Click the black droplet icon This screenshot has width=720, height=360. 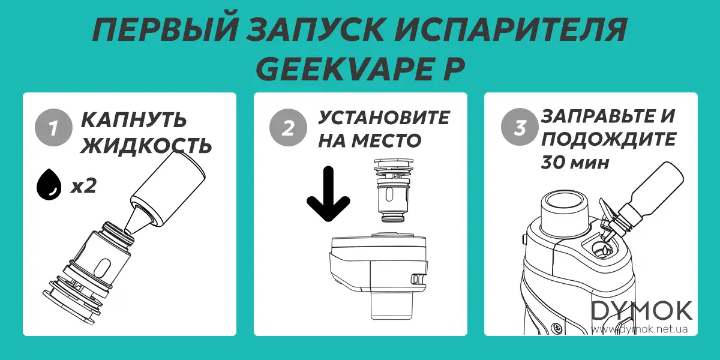[49, 187]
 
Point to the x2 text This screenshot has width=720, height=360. [83, 187]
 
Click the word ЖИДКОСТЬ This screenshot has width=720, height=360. [146, 145]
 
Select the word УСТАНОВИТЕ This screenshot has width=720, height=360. [383, 118]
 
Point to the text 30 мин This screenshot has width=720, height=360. [574, 163]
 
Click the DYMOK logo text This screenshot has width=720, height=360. [642, 310]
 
